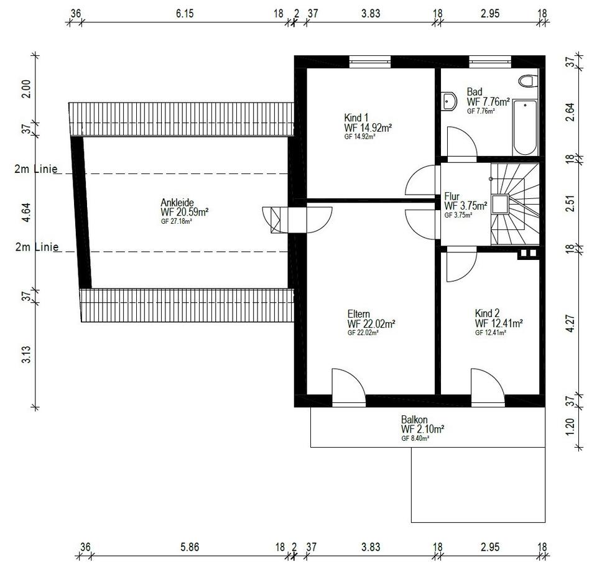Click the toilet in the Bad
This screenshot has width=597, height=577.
(528, 81)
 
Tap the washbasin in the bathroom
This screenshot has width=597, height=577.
(448, 101)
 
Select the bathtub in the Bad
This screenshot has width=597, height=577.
(525, 127)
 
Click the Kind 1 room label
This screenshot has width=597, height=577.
(356, 118)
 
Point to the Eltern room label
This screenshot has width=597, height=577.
(359, 314)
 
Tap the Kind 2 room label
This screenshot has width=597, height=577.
(487, 313)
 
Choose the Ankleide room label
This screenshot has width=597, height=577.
(177, 203)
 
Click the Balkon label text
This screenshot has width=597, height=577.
(414, 420)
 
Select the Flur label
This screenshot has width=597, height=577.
(451, 196)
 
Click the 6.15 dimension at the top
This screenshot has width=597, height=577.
(185, 14)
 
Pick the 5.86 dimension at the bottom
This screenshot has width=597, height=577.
(190, 547)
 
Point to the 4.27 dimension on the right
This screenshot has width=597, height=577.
(570, 323)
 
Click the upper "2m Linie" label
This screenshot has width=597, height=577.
(36, 168)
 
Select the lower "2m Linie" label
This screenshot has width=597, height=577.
(37, 247)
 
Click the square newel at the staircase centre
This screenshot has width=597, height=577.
(500, 204)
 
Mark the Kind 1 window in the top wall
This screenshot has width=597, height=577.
(370, 62)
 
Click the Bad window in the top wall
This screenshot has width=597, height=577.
(489, 62)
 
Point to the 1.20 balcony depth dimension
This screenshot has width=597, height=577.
(570, 427)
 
